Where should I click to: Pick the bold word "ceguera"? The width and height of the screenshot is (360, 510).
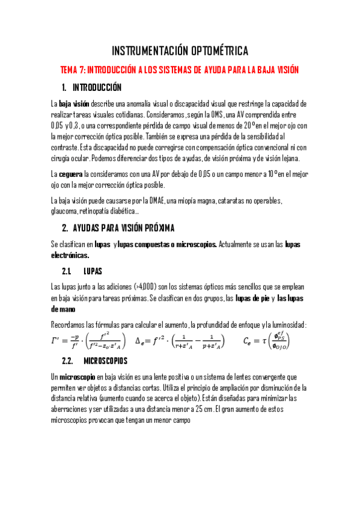click(x=71, y=174)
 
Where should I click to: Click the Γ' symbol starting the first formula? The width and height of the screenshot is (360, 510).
click(x=58, y=341)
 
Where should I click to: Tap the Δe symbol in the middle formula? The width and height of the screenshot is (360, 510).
click(x=140, y=341)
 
